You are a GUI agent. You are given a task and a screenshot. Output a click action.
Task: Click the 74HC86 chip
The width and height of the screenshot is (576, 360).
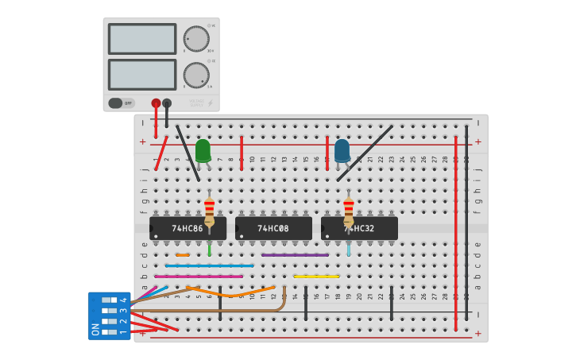187,229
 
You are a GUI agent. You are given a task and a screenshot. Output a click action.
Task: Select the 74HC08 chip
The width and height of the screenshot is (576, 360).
273,229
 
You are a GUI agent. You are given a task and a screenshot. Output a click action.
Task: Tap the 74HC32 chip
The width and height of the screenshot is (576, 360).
359,229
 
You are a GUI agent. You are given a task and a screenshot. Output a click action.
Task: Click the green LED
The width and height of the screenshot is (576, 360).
203,150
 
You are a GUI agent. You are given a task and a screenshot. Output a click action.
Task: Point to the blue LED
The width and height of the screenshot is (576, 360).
342,150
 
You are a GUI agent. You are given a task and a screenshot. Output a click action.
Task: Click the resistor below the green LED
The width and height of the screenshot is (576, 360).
209,211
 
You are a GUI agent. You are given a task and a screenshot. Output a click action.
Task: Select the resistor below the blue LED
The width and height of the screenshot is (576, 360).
348,211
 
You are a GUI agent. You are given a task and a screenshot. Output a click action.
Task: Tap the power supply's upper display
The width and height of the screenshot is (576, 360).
142,39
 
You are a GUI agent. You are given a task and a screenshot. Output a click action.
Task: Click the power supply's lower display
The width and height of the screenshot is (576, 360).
142,75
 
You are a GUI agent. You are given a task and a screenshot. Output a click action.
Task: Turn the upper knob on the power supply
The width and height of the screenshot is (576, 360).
195,39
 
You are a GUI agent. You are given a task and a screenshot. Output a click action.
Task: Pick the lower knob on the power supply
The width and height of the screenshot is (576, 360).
195,75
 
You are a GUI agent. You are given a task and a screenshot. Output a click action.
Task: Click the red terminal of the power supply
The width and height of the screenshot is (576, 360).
156,103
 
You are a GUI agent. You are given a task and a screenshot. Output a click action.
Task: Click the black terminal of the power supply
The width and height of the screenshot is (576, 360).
167,103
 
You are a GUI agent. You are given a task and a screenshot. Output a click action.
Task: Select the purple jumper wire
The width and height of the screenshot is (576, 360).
295,255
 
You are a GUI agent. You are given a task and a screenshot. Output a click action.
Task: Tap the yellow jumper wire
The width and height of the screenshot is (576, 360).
316,277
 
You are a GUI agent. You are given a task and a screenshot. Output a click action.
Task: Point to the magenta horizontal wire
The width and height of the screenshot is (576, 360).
199,277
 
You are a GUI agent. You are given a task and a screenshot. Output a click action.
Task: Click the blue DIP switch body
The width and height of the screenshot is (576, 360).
109,315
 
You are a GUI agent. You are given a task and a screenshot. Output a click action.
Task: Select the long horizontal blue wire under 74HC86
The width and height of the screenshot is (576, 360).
210,265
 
